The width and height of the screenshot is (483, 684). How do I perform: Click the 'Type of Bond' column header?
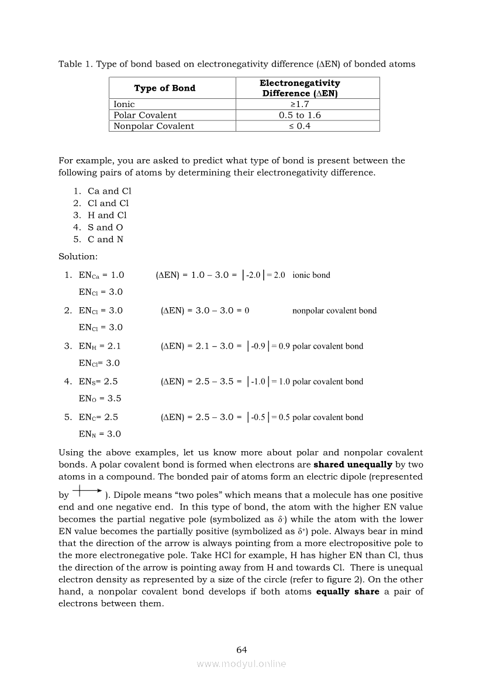(164, 88)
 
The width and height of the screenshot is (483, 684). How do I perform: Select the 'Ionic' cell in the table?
(124, 104)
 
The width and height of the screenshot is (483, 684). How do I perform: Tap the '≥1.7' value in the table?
(299, 104)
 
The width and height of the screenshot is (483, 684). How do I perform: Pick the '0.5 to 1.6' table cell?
(299, 115)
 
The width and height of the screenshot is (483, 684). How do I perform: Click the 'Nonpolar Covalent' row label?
(153, 126)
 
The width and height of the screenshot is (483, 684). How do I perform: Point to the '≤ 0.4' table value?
(299, 126)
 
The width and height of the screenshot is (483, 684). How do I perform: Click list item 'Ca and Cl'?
(109, 191)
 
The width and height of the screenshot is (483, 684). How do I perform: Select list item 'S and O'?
(105, 227)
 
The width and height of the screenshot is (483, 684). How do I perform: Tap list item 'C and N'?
(105, 239)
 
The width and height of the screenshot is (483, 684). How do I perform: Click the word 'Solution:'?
(78, 256)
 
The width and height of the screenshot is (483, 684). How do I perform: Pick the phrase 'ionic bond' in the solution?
(311, 275)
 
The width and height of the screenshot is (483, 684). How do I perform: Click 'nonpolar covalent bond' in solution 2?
(334, 311)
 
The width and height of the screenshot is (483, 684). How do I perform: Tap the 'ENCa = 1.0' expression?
(101, 275)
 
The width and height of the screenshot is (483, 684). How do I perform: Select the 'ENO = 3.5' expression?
(100, 399)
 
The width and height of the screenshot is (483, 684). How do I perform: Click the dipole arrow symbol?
(87, 493)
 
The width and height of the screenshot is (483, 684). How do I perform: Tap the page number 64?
(241, 650)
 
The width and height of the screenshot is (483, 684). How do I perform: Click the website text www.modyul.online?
(241, 664)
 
